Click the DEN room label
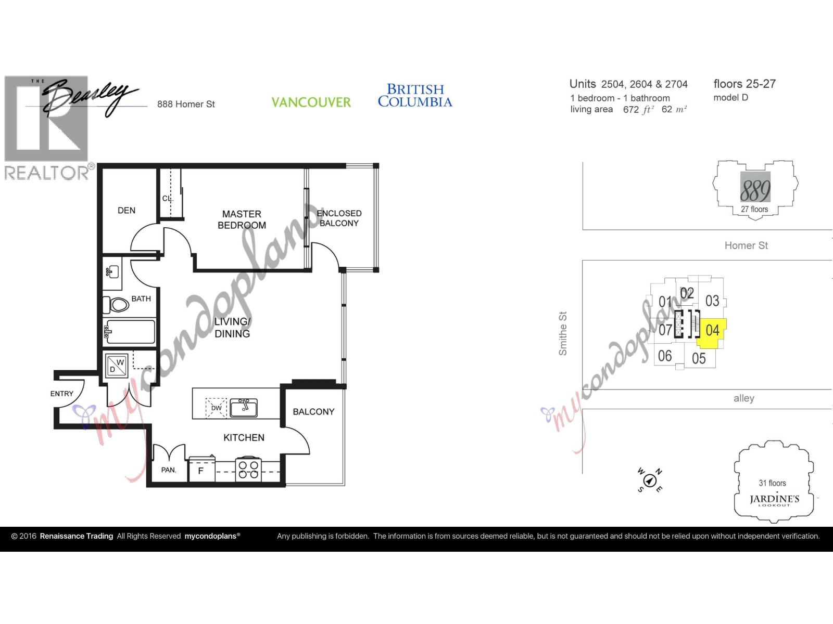[x=127, y=211]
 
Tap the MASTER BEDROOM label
[x=242, y=219]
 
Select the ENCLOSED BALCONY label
[x=339, y=218]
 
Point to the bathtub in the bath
[x=130, y=332]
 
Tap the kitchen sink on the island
[x=243, y=408]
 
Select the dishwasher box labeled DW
[x=217, y=408]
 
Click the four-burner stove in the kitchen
[x=248, y=470]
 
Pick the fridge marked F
[x=201, y=471]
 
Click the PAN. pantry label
[x=168, y=470]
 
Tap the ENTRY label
[x=62, y=394]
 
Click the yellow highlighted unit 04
[x=712, y=331]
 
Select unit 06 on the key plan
[x=665, y=356]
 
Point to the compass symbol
[x=649, y=480]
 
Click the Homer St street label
[x=746, y=245]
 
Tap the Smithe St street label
[x=563, y=333]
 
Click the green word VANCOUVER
[x=311, y=102]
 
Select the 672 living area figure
[x=630, y=110]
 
